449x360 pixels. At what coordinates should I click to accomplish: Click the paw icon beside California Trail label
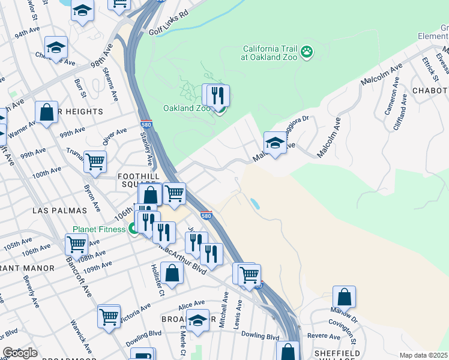(x=307, y=52)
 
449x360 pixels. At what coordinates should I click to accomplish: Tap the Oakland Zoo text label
(x=186, y=109)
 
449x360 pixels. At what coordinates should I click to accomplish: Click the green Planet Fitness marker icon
(x=132, y=229)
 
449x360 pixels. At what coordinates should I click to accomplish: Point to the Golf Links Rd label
(x=168, y=30)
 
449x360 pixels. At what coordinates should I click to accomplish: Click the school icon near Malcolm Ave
(x=275, y=143)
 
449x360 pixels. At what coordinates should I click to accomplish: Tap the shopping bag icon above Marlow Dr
(x=344, y=297)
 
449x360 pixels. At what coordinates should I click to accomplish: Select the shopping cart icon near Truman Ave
(x=95, y=161)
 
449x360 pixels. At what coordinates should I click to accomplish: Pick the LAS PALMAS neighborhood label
(x=60, y=211)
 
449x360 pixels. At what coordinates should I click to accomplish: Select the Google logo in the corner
(x=20, y=353)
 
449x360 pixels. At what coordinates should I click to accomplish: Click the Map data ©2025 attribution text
(x=423, y=355)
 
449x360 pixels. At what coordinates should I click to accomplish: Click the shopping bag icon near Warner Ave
(x=46, y=112)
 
